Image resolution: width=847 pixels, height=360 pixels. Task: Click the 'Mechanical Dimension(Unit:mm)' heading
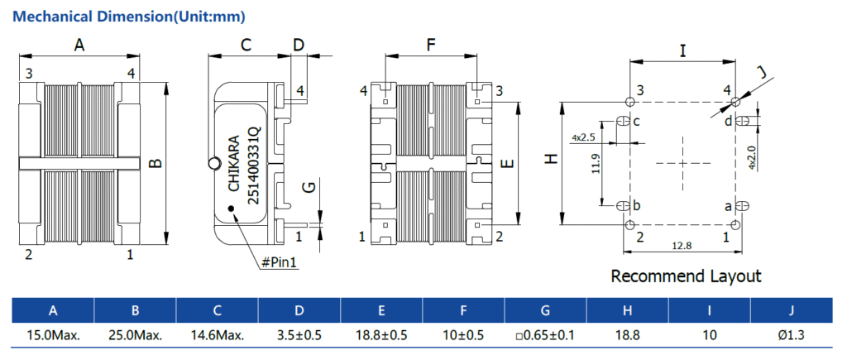(130, 16)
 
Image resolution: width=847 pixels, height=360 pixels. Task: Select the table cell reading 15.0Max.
(53, 335)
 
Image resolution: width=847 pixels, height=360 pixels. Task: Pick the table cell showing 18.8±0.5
(380, 335)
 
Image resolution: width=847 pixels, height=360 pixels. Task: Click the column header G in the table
(544, 310)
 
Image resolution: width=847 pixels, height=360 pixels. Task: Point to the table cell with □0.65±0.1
(544, 335)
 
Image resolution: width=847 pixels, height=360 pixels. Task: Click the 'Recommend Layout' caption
(686, 276)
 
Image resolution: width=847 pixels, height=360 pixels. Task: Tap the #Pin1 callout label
(279, 262)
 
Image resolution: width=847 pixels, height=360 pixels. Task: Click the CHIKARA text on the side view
(233, 163)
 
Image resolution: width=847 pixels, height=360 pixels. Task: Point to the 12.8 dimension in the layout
(681, 245)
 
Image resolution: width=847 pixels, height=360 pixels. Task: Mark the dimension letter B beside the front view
(155, 163)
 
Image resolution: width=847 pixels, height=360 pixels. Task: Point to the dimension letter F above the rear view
(431, 46)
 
